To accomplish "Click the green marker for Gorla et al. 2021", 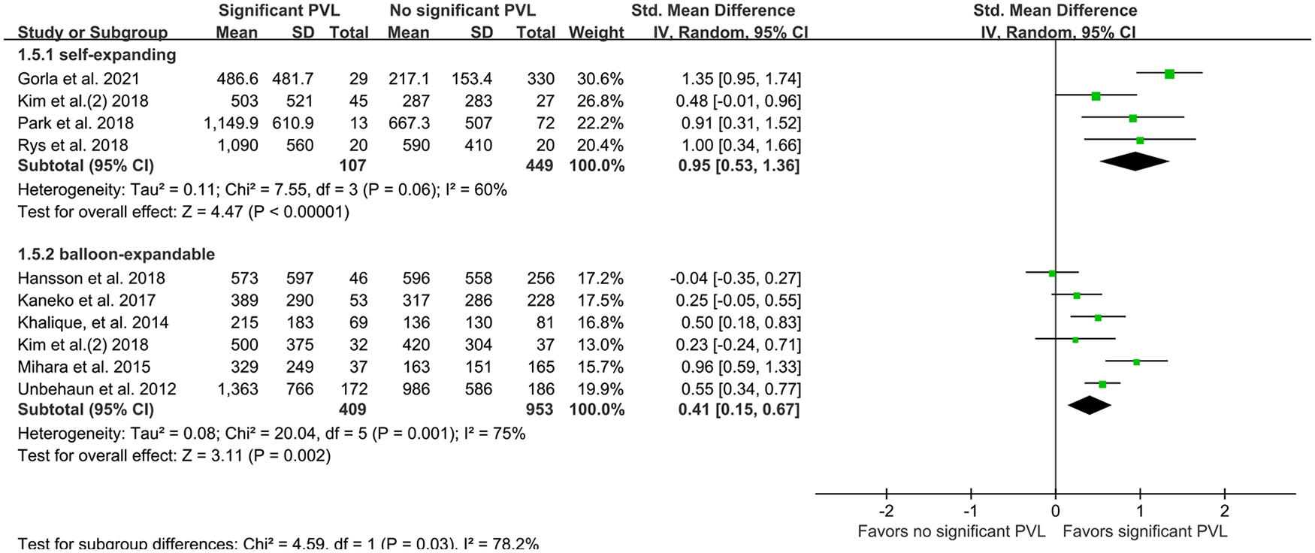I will point(1169,74).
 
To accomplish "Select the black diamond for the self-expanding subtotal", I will point(1135,162).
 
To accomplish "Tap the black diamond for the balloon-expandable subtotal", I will point(1090,406).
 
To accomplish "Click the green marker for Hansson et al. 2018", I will point(1052,273).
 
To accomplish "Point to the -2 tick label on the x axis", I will point(886,512).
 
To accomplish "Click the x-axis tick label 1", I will point(1140,512).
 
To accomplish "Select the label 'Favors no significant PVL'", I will point(951,532).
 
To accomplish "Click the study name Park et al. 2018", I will point(76,123).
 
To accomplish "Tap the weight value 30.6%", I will point(600,79).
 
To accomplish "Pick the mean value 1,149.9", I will point(231,123).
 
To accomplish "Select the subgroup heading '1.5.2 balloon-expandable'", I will point(116,255).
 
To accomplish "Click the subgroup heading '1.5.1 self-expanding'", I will point(97,56).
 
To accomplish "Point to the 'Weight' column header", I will point(596,33).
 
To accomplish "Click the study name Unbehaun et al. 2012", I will point(97,389).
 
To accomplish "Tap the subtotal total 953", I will point(539,410).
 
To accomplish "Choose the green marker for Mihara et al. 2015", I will point(1136,362).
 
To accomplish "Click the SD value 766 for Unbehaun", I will point(299,389).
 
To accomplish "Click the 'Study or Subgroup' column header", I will point(92,33).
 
